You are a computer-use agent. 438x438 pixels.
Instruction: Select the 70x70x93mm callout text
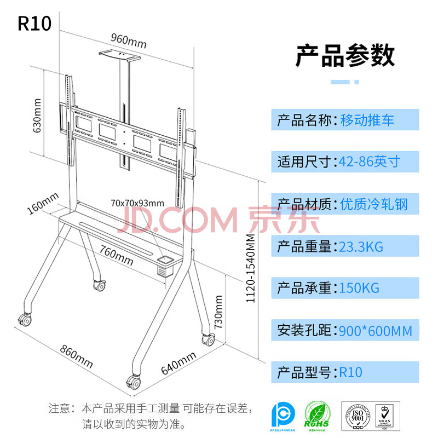click(137, 203)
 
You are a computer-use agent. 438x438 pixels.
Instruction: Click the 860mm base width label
click(76, 356)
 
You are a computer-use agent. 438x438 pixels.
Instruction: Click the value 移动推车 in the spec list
click(367, 120)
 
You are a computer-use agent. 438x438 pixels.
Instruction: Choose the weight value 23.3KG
click(361, 246)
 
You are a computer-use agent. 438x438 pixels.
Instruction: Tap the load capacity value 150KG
click(359, 288)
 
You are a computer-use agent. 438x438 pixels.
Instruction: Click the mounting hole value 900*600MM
click(376, 331)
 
